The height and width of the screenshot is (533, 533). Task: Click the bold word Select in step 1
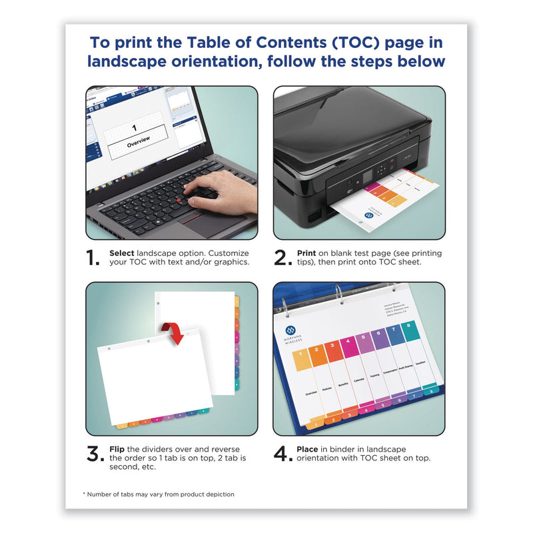[x=123, y=254]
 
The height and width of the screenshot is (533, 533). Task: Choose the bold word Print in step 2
[x=306, y=254]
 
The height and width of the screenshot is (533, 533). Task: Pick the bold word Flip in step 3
[x=118, y=449]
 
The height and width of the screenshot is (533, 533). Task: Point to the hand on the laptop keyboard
[x=220, y=191]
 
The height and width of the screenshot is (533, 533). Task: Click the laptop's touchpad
[x=208, y=225]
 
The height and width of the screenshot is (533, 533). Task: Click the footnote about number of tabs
[x=158, y=494]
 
